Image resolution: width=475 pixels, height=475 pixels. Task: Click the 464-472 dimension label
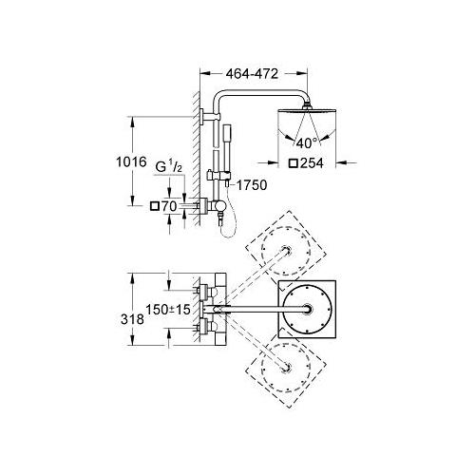[x=252, y=74]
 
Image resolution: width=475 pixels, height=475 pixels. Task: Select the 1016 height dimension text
[x=131, y=161]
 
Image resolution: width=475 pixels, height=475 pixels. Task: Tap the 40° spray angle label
[x=306, y=143]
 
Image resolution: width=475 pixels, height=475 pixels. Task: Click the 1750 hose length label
[x=252, y=185]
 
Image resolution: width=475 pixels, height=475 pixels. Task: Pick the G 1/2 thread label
[x=169, y=167]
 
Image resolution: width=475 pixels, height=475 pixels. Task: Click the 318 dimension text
[x=132, y=319]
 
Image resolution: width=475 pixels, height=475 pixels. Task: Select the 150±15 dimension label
[x=168, y=309]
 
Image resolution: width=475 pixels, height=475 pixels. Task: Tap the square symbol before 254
[x=294, y=163]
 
